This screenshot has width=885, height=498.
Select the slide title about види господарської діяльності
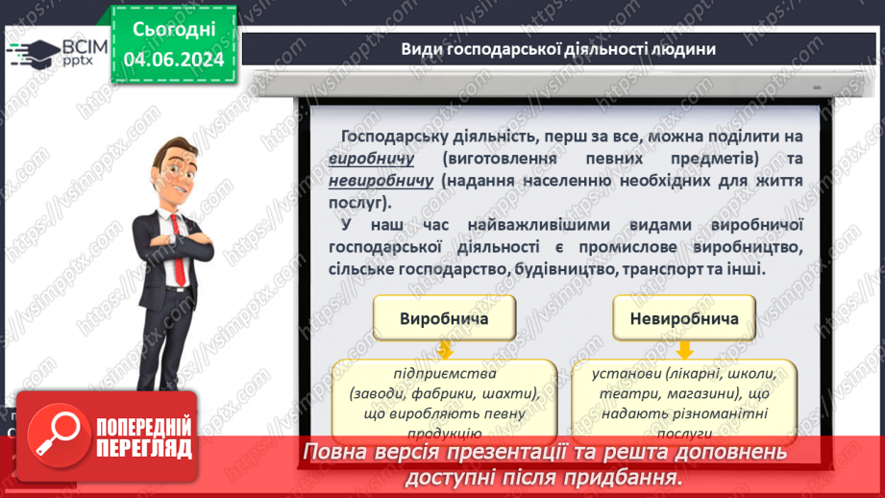558,48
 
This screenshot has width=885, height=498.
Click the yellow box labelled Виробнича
444,318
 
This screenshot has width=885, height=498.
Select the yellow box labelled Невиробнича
684,318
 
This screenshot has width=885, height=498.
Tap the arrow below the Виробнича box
444,348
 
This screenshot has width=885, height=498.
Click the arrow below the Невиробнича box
684,348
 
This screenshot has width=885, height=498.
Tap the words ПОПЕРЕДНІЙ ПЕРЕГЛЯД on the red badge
142,436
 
